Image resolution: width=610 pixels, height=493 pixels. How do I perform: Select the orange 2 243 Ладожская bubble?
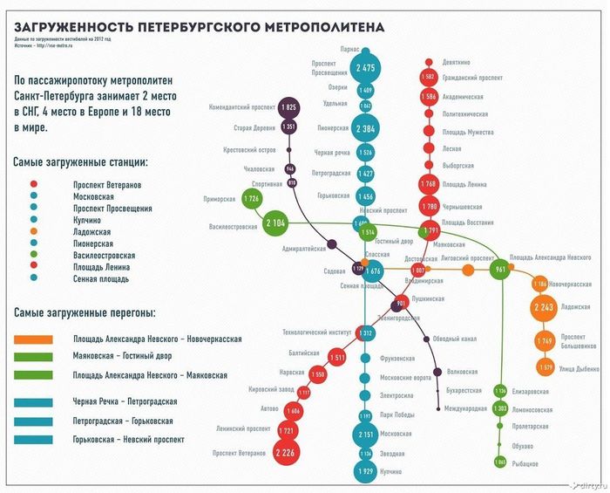coord(546,307)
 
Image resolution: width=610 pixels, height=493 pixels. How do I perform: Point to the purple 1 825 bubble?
coord(290,107)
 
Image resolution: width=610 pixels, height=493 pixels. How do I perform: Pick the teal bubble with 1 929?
coord(365,471)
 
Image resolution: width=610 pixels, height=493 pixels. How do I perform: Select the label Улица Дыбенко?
coord(579,368)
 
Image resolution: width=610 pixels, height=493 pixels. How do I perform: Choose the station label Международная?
coord(464,408)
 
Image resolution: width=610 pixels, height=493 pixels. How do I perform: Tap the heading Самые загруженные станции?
coord(81,162)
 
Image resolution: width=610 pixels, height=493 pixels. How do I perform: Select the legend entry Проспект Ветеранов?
coord(107,186)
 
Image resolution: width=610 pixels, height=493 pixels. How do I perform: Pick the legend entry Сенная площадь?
coord(102,279)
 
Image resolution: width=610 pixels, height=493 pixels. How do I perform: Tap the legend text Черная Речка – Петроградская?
coord(125,401)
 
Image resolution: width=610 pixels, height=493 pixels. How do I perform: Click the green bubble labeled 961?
coord(500,270)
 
